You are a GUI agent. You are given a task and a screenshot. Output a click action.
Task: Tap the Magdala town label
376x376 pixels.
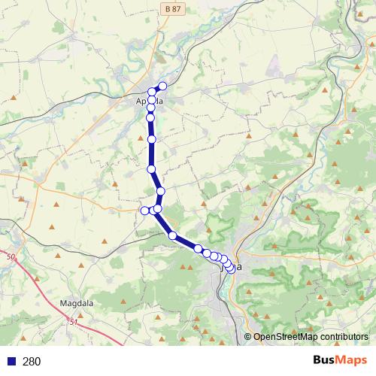[x=74, y=303]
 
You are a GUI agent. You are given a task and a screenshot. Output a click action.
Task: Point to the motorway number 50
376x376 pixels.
[x=11, y=258]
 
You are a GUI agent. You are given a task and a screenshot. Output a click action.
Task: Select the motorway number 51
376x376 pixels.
[x=73, y=323]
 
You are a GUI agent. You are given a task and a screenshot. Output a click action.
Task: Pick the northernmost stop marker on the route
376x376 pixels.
[x=162, y=86]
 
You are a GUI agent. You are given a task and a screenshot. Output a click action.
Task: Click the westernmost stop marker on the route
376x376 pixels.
[x=145, y=210]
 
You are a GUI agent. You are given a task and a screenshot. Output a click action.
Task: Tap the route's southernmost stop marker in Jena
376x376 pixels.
[x=229, y=268]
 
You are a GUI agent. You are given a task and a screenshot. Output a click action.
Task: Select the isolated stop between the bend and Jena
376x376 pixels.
[x=173, y=236]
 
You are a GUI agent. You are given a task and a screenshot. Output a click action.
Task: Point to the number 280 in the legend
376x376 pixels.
[x=32, y=362]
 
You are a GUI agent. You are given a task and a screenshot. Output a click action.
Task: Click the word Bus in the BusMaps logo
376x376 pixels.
[x=325, y=361]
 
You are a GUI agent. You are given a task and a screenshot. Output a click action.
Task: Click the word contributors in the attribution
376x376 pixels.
[x=343, y=337]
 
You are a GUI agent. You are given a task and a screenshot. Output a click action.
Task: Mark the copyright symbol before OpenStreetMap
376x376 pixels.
[x=248, y=337]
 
